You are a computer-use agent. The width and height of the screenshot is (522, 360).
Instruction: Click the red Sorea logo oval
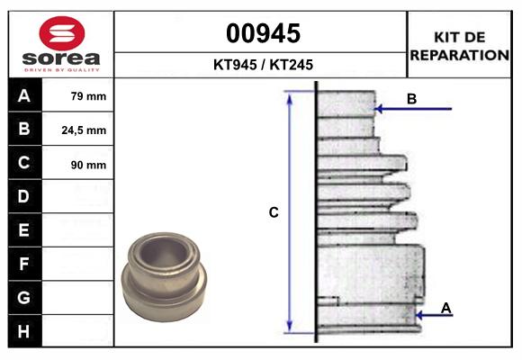(62, 33)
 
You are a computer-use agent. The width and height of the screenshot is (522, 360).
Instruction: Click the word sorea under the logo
(61, 58)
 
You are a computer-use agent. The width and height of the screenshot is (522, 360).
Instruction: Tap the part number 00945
(263, 33)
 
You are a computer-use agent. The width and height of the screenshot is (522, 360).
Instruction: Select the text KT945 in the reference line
(235, 65)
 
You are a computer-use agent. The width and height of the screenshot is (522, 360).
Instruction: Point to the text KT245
(292, 65)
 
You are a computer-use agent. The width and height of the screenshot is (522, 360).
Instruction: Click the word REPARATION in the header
(459, 55)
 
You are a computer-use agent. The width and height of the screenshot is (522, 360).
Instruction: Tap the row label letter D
(23, 196)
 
